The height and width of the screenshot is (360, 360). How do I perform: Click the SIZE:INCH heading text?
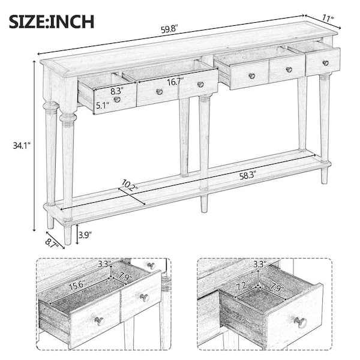52,22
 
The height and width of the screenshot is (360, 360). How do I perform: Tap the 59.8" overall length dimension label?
170,29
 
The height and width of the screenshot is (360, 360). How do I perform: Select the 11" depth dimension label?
328,17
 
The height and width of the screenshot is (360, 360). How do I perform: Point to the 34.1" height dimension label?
22,146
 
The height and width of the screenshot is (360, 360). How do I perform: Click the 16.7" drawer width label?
176,82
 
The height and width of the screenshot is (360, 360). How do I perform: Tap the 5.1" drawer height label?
103,106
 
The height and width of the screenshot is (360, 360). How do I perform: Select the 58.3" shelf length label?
248,176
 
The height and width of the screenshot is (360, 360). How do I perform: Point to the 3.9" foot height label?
85,235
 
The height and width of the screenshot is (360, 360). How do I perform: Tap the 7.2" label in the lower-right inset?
242,286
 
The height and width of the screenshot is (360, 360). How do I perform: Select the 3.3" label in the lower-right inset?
260,264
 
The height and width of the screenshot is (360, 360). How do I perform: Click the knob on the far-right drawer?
325,63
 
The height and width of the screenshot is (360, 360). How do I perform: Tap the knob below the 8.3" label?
117,100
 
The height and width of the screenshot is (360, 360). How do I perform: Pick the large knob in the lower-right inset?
301,322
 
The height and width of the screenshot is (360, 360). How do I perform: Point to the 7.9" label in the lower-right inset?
278,287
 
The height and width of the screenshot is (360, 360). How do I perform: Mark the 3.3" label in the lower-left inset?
104,264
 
